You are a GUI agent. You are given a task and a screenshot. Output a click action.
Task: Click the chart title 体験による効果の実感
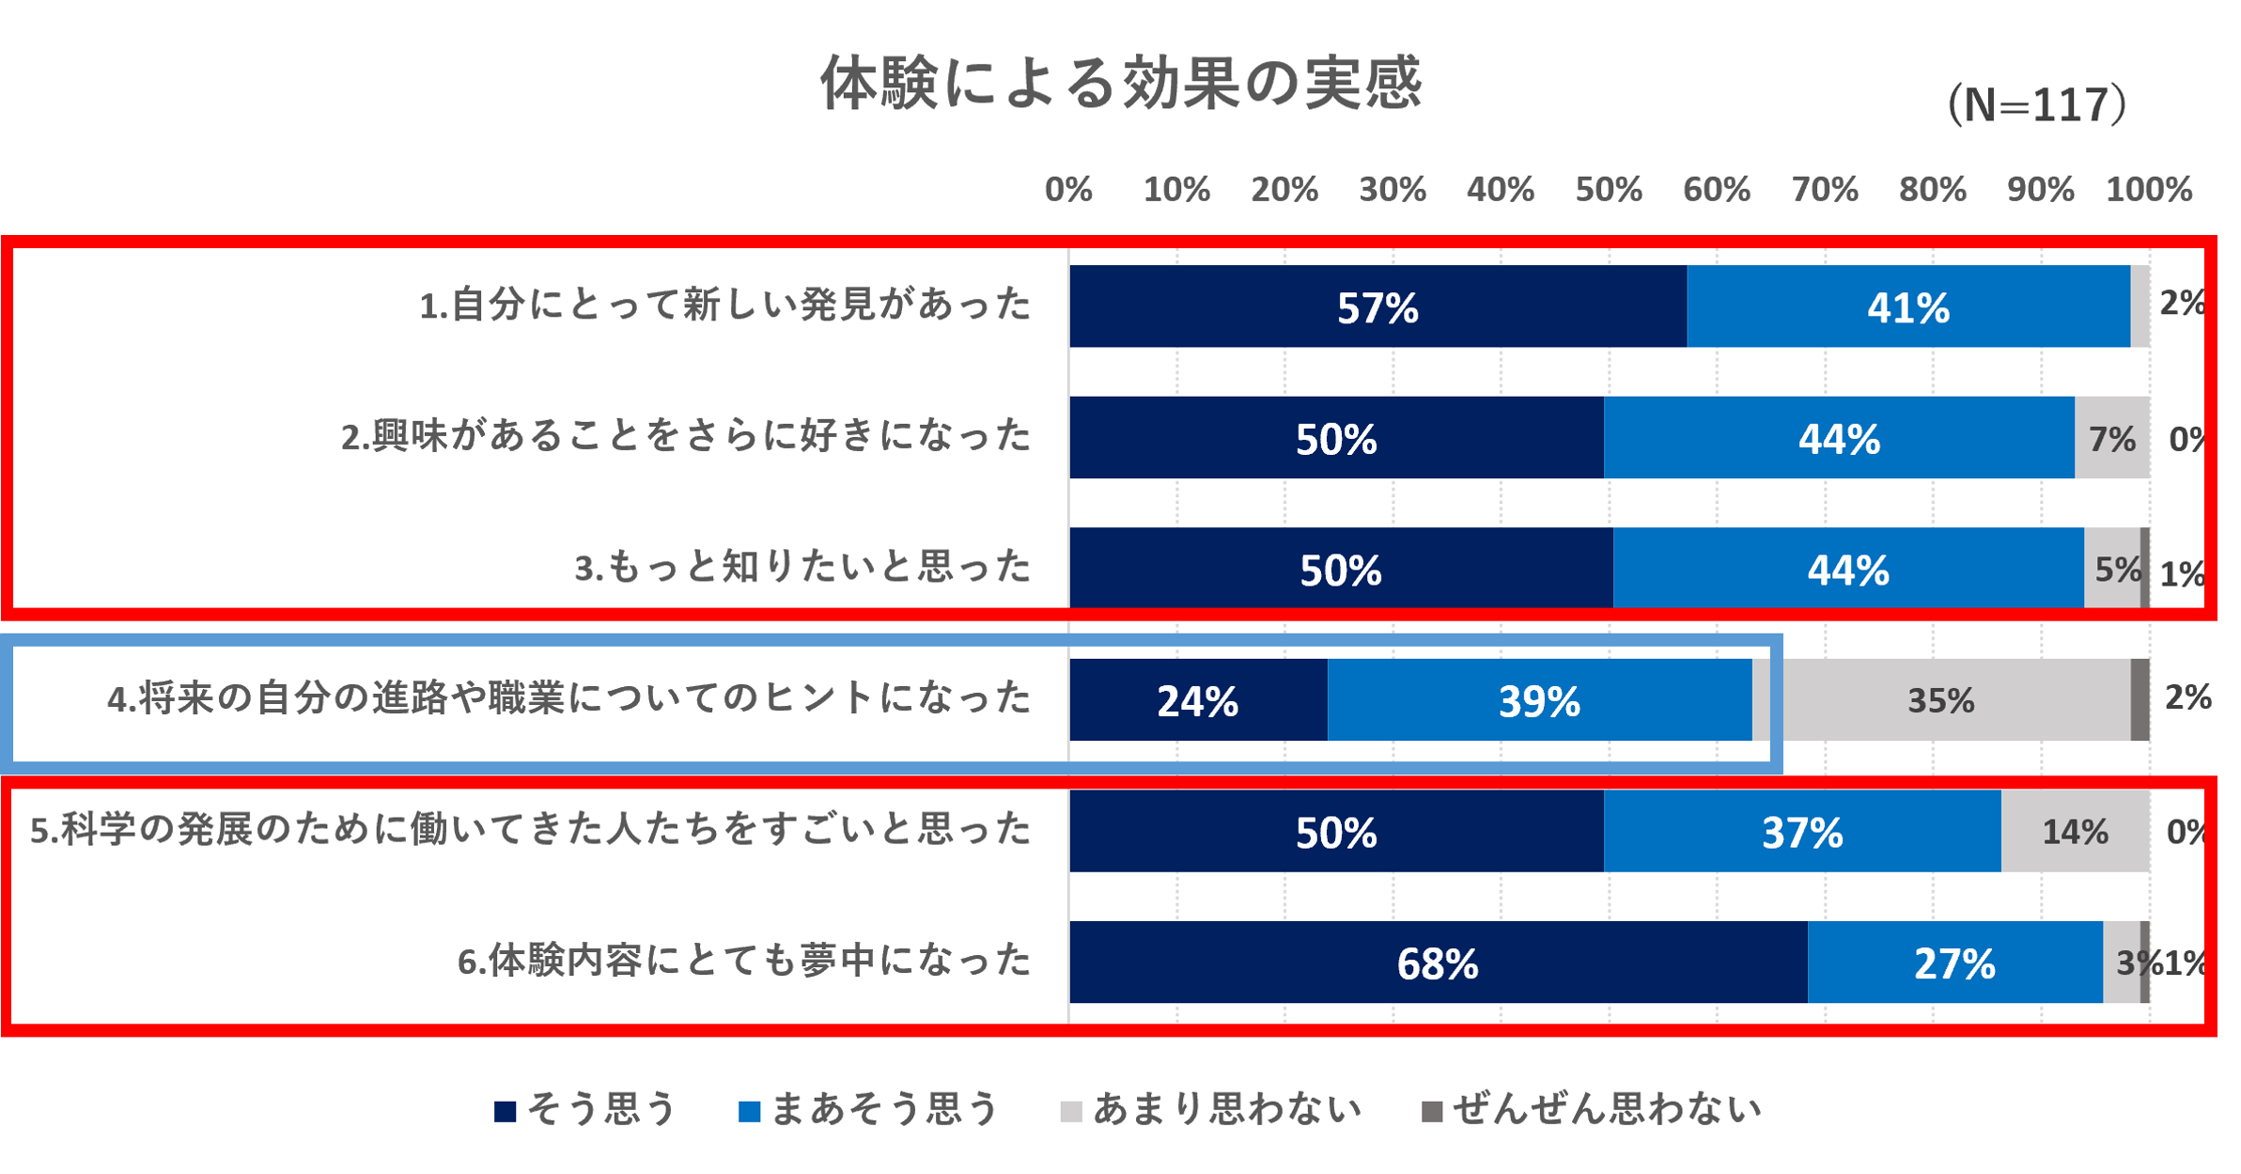[x=1121, y=83]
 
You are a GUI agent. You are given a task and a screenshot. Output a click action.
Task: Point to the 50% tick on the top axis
[x=1608, y=190]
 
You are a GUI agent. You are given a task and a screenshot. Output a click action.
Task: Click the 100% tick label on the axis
[x=2148, y=190]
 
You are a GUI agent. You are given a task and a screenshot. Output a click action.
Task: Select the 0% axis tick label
[x=1068, y=190]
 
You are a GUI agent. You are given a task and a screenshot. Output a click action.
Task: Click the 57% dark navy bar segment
[x=1377, y=307]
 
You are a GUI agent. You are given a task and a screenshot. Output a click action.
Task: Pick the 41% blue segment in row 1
[x=1907, y=307]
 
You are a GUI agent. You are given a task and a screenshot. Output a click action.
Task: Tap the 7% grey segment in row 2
[x=2111, y=438]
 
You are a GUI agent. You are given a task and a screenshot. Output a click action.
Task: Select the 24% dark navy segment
[x=1198, y=700]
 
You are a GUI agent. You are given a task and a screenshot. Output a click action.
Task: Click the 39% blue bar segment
[x=1539, y=700]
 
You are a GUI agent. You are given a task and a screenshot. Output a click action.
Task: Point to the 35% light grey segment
[x=1941, y=700]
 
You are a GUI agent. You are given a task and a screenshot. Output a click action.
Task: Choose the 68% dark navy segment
[x=1438, y=963]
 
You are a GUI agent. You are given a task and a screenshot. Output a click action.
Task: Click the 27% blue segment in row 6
[x=1954, y=963]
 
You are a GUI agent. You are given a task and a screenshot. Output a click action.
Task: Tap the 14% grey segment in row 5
[x=2075, y=832]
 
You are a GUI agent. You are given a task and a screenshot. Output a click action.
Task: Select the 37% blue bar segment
[x=1802, y=832]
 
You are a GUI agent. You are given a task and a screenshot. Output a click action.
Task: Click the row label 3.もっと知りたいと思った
[x=803, y=568]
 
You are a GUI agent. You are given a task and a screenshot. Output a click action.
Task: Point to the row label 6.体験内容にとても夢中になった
[x=744, y=962]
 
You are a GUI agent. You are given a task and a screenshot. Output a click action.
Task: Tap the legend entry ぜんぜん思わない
[x=1591, y=1110]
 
